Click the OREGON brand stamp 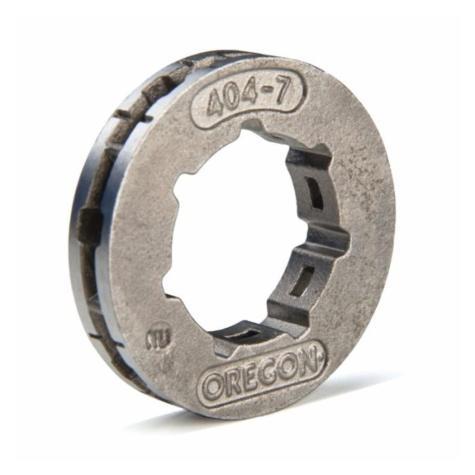pos(261,374)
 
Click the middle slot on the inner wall pos(303,278)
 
